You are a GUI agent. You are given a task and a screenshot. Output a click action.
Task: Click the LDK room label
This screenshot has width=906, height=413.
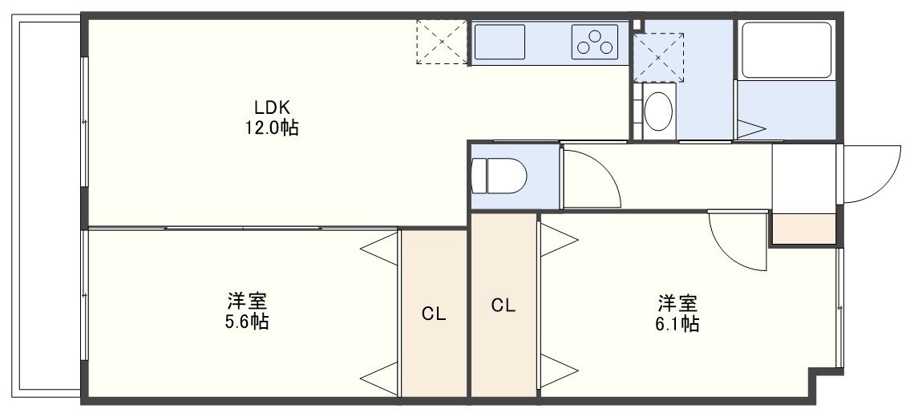coord(272,107)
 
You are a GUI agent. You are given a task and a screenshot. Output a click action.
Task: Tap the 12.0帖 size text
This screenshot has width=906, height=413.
coord(272,128)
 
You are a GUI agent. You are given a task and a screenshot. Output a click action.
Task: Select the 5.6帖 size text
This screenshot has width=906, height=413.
coord(247,322)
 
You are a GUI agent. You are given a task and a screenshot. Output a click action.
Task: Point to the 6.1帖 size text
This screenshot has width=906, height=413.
coord(677,323)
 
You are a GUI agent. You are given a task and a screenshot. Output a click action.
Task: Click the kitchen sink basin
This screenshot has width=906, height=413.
coord(500,42)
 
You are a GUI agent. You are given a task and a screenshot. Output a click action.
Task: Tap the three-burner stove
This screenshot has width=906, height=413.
coord(595,42)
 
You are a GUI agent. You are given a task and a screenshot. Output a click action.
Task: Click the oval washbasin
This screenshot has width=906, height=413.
coord(658,111)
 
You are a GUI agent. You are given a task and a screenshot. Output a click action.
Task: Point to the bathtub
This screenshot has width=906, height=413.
coord(787,51)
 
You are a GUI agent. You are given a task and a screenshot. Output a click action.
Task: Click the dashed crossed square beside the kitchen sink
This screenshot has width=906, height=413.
coord(442,42)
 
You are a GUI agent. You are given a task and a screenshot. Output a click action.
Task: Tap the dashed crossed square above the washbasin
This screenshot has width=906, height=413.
coord(658,57)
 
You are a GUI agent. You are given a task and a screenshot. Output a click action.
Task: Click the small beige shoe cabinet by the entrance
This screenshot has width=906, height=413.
coord(803,229)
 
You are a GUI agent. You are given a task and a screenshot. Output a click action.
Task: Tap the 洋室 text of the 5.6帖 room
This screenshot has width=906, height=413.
coord(247,301)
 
